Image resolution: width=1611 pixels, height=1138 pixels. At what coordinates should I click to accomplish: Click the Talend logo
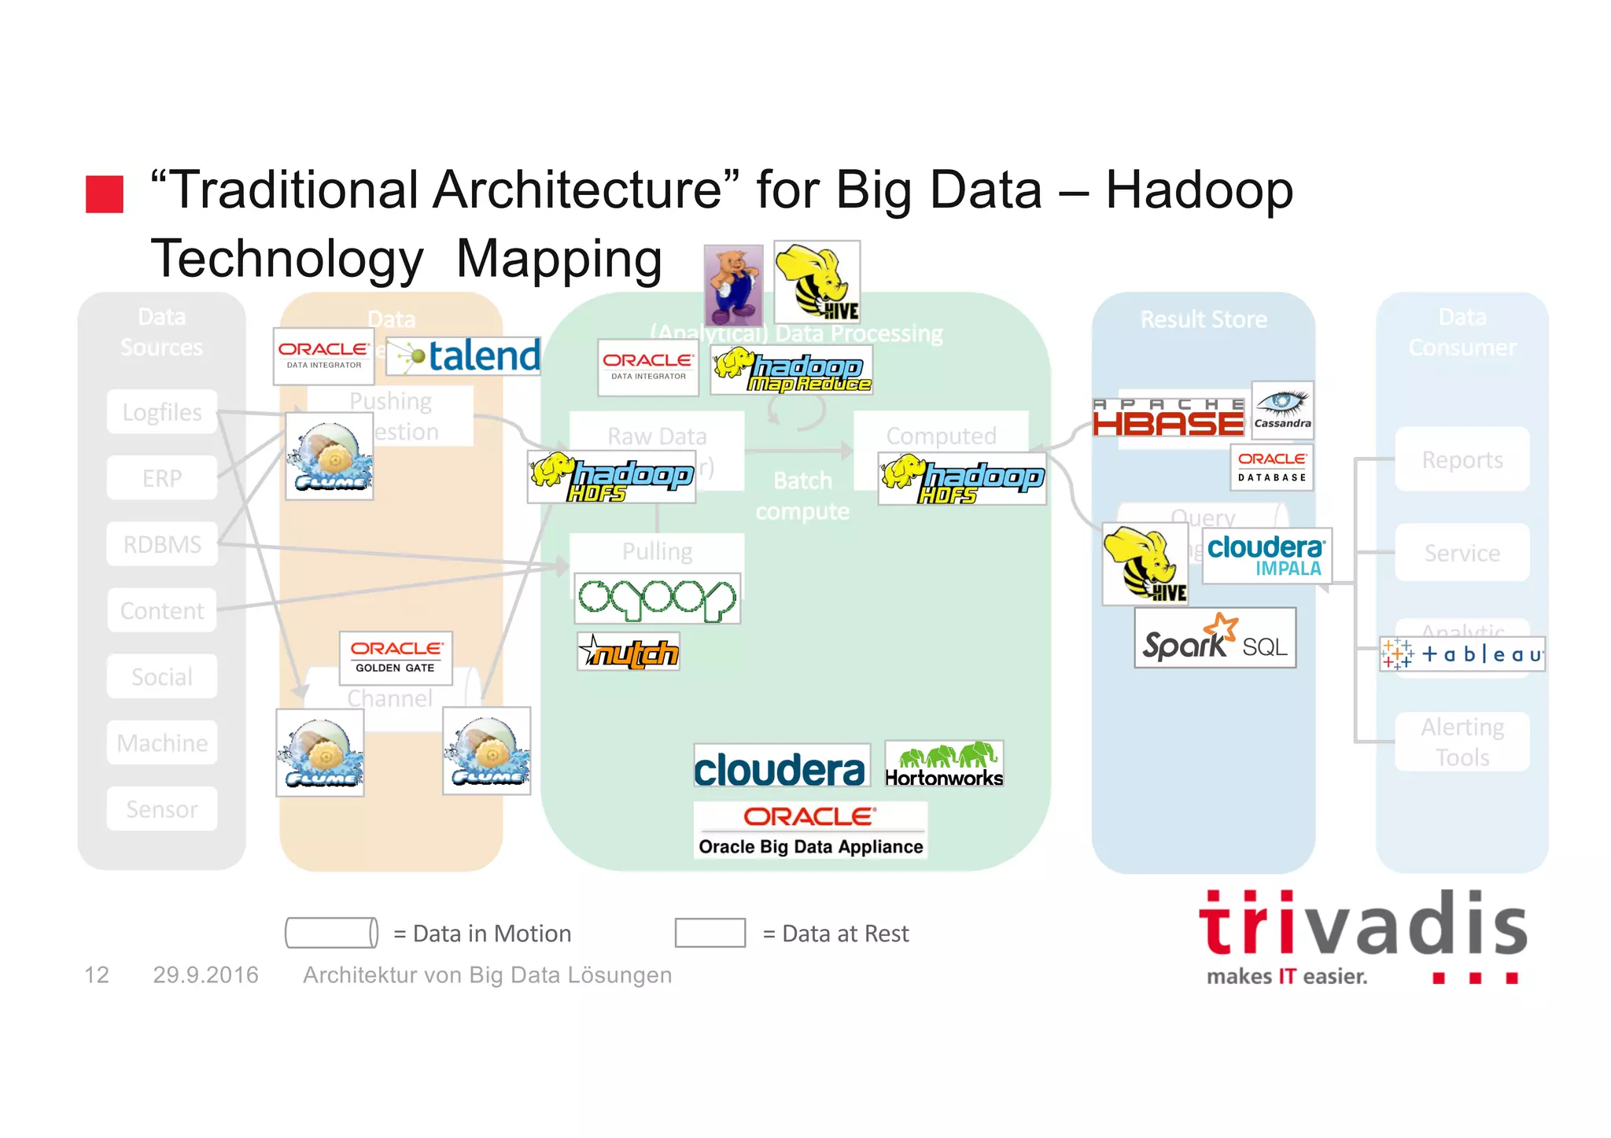[464, 356]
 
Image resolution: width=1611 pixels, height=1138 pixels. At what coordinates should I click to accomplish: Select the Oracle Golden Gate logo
[396, 657]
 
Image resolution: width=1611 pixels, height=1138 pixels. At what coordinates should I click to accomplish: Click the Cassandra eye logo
[1282, 410]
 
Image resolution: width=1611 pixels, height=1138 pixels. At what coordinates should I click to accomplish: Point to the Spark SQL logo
[1215, 639]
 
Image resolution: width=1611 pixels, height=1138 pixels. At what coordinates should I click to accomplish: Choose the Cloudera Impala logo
[1266, 556]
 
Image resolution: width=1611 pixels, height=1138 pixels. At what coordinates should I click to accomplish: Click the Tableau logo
[1462, 654]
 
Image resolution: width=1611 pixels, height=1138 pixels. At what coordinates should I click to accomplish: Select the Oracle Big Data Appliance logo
[810, 830]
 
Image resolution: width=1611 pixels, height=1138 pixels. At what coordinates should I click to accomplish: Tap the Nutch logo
[628, 651]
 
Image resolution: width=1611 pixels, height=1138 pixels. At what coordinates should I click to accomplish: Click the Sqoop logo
[657, 598]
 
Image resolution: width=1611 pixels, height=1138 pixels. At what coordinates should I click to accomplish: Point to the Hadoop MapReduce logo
[791, 370]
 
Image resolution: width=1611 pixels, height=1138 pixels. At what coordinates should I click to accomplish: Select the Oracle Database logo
[1271, 467]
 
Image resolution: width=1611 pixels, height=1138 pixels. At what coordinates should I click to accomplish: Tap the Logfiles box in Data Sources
[162, 411]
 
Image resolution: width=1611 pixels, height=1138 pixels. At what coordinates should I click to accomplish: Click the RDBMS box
[162, 543]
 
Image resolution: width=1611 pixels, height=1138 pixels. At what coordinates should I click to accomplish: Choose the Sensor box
[162, 808]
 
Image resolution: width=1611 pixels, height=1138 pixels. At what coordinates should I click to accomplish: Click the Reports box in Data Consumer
[1462, 459]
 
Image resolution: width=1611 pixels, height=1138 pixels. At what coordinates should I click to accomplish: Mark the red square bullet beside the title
[105, 194]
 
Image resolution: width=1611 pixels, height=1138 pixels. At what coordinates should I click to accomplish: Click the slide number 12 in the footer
[97, 975]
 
